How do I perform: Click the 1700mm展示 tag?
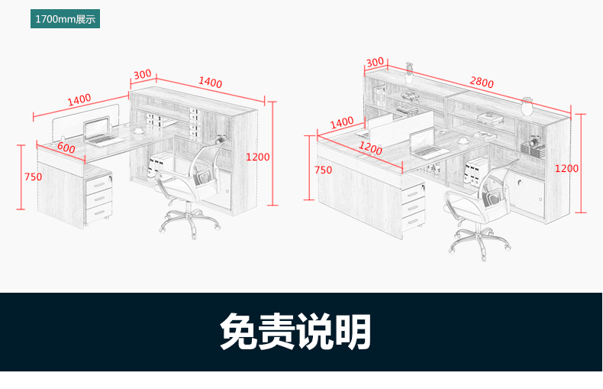tap(65, 19)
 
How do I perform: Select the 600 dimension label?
tap(66, 148)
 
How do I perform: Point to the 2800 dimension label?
tap(482, 82)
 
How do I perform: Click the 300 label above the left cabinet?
tap(142, 75)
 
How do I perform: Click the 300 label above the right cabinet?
tap(375, 62)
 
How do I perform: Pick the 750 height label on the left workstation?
tap(33, 177)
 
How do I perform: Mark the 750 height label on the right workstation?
tap(323, 170)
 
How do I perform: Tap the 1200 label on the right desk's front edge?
tap(370, 148)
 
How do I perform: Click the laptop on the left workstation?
tap(98, 132)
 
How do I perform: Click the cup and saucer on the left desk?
tap(138, 131)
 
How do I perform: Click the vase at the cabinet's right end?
tap(527, 103)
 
